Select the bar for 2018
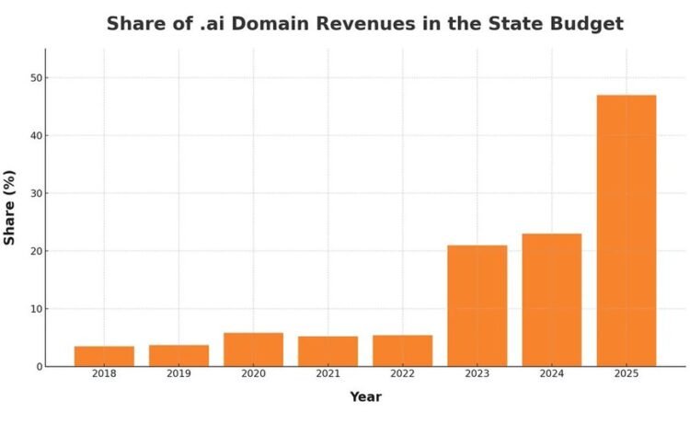(104, 356)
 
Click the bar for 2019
(178, 355)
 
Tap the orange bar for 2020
(253, 349)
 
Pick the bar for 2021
(328, 351)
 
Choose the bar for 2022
(402, 350)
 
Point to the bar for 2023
(477, 305)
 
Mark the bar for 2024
(551, 300)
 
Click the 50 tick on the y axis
(35, 78)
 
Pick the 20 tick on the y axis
(35, 251)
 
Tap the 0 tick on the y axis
(38, 366)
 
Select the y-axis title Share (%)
(10, 207)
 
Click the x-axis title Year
(365, 397)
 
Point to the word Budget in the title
(585, 24)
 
